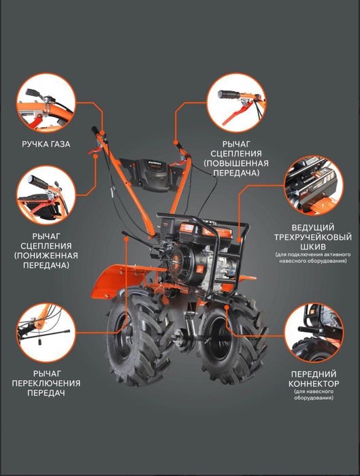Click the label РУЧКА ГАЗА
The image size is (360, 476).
46,144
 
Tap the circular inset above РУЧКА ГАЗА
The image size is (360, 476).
46,103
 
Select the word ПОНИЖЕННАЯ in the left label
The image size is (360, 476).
46,256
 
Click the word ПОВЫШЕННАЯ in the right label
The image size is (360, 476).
236,163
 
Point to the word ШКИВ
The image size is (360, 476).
312,246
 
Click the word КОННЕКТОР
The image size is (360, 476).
314,384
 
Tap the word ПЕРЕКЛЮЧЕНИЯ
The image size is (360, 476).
46,383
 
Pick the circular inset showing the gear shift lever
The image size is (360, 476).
46,333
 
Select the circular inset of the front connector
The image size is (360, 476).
314,333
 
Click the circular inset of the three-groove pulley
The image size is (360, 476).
314,186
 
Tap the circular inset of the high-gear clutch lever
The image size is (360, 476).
236,103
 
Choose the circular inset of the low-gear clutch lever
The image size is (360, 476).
46,195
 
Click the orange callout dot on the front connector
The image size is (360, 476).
227,307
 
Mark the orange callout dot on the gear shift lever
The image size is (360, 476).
127,238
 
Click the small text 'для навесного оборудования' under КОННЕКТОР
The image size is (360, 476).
314,394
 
